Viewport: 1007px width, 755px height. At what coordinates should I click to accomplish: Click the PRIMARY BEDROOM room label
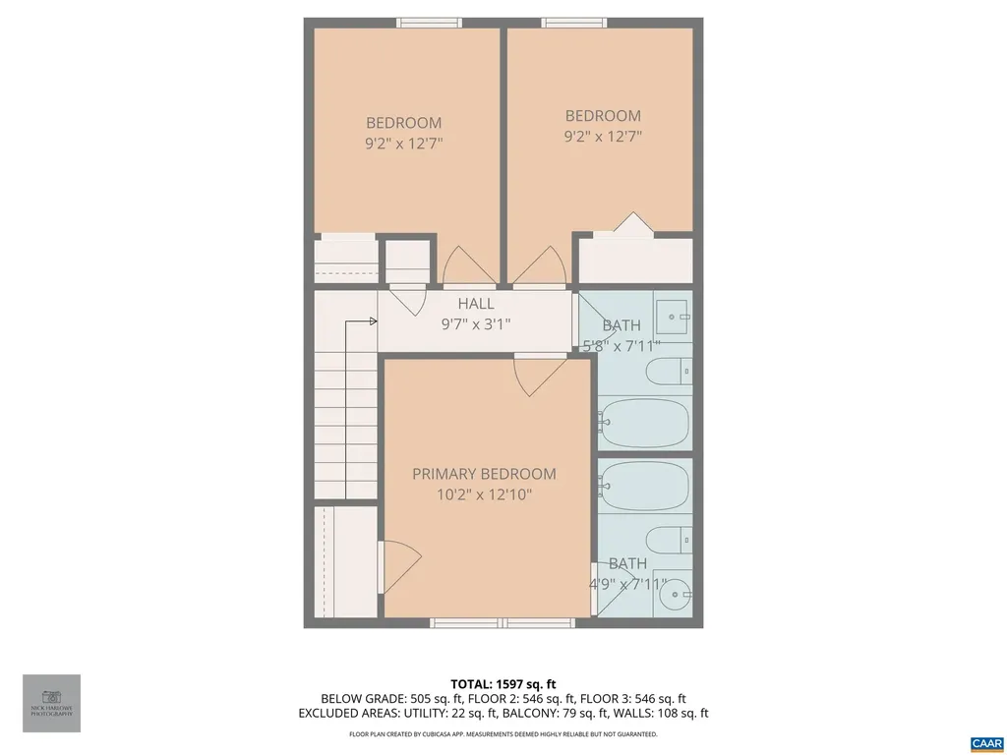click(x=484, y=474)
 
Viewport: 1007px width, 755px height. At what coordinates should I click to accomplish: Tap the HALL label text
click(x=476, y=304)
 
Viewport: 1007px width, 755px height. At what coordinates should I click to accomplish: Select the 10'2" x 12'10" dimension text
click(x=484, y=495)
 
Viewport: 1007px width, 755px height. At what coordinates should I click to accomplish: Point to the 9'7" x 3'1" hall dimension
click(x=476, y=324)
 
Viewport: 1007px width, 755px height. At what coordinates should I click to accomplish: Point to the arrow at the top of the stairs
click(x=373, y=320)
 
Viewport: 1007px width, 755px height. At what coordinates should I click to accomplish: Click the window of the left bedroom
click(x=427, y=23)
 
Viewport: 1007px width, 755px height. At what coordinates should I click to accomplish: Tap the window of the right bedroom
click(x=573, y=23)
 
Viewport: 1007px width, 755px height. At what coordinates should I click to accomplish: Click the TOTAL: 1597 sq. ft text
click(x=503, y=683)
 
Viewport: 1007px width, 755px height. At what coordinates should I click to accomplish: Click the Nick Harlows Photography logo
click(x=51, y=703)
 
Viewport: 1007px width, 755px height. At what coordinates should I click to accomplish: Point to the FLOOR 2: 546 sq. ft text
click(x=503, y=699)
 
